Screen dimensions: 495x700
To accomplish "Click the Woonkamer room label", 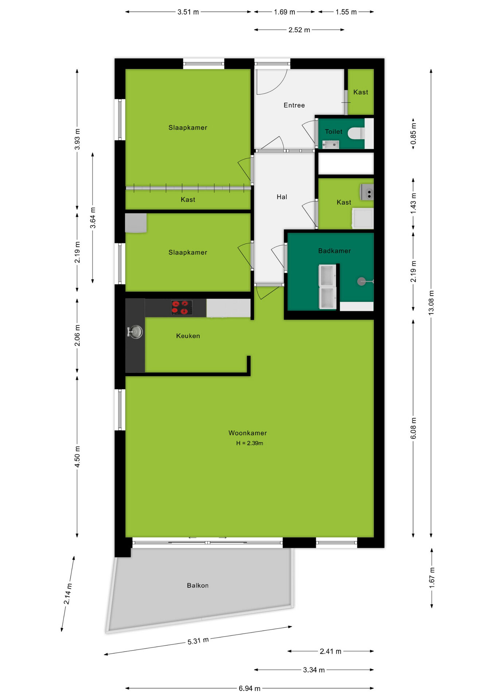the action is [247, 433].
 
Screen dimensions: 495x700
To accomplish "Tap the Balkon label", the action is [198, 585].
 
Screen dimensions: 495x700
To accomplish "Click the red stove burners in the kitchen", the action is [182, 307].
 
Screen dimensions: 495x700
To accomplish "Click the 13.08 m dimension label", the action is [431, 303].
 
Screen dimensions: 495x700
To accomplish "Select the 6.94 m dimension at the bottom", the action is [249, 688].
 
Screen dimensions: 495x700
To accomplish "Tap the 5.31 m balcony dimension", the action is [198, 641].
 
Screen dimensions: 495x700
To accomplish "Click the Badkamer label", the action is [334, 250].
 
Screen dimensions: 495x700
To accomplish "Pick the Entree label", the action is [294, 105].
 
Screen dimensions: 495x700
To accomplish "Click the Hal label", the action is [282, 197].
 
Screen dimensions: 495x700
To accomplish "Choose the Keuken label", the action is [188, 336].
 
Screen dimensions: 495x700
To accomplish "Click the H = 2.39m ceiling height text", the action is [249, 443].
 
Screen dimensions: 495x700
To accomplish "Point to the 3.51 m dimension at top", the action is [188, 12].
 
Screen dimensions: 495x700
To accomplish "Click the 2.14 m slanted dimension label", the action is [68, 594].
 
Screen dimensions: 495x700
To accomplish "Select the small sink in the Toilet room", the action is [331, 145].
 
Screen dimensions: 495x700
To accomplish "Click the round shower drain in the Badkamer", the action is [361, 281].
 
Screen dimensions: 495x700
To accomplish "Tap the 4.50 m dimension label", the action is [77, 456].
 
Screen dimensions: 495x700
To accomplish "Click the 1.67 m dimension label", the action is [432, 577].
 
